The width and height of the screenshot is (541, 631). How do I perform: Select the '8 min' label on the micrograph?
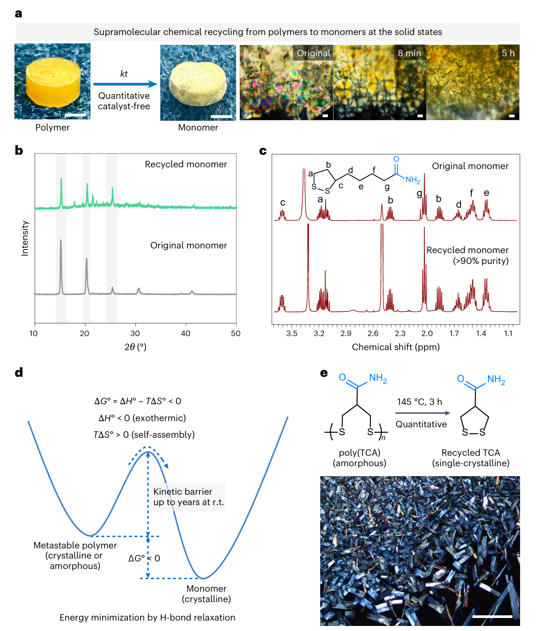[x=409, y=53]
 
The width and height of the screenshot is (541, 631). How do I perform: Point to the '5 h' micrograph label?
[x=508, y=53]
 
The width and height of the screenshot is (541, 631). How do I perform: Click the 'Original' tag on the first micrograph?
[x=313, y=53]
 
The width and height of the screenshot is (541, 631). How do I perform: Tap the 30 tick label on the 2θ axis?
[x=135, y=334]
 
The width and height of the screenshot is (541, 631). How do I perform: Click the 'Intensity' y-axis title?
[x=25, y=238]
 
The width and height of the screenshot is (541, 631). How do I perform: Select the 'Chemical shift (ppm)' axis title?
[x=395, y=347]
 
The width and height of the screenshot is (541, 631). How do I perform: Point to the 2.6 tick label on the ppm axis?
[x=373, y=334]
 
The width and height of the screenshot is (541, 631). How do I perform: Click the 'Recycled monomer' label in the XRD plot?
[x=186, y=164]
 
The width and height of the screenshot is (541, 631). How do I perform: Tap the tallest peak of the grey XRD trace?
[x=61, y=241]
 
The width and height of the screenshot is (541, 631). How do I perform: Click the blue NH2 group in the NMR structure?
[x=413, y=180]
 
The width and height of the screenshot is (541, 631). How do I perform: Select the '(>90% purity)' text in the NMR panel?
[x=480, y=261]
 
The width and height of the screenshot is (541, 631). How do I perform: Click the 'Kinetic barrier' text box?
[x=188, y=497]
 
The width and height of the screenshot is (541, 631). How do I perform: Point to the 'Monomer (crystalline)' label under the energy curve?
[x=206, y=594]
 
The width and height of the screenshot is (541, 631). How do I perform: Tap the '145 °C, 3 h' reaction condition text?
[x=419, y=402]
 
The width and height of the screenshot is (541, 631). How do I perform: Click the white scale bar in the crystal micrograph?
[x=492, y=617]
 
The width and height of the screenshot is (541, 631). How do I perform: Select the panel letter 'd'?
[x=19, y=372]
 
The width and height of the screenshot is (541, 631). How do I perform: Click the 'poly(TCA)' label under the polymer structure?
[x=359, y=453]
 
